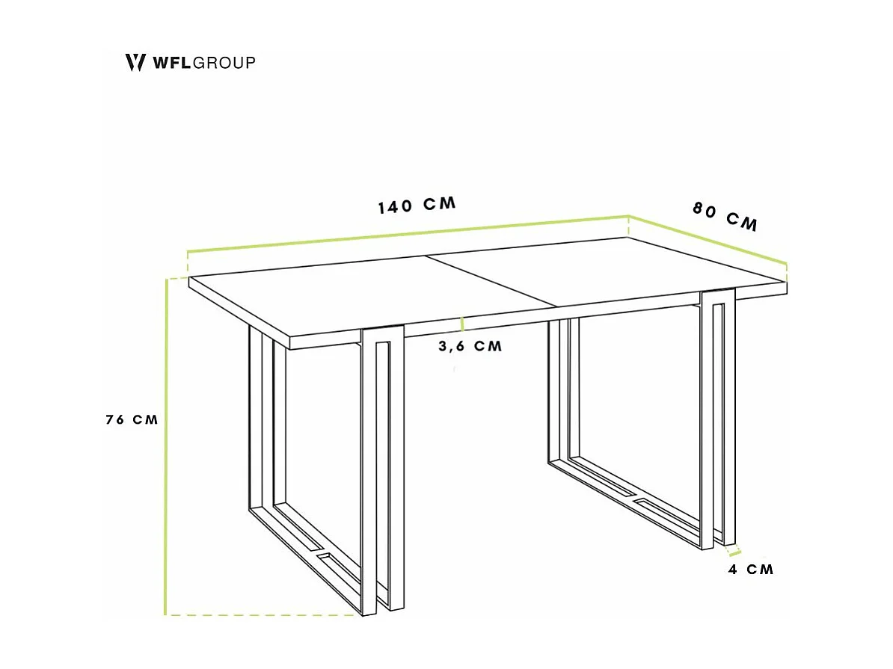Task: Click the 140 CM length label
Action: pyautogui.click(x=416, y=206)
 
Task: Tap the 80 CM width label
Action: pyautogui.click(x=724, y=217)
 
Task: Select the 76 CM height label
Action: pyautogui.click(x=132, y=419)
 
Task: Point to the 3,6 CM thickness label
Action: pyautogui.click(x=470, y=346)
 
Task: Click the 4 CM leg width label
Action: pyautogui.click(x=750, y=570)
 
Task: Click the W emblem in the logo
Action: pyautogui.click(x=135, y=62)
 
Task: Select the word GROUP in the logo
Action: pyautogui.click(x=224, y=62)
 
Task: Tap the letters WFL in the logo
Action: pyautogui.click(x=172, y=62)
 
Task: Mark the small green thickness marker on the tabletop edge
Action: pyautogui.click(x=463, y=324)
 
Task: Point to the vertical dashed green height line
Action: pyautogui.click(x=165, y=448)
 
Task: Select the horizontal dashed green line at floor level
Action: pyautogui.click(x=262, y=615)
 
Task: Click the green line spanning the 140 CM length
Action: pyautogui.click(x=408, y=233)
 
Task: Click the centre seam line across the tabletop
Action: pyautogui.click(x=494, y=280)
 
